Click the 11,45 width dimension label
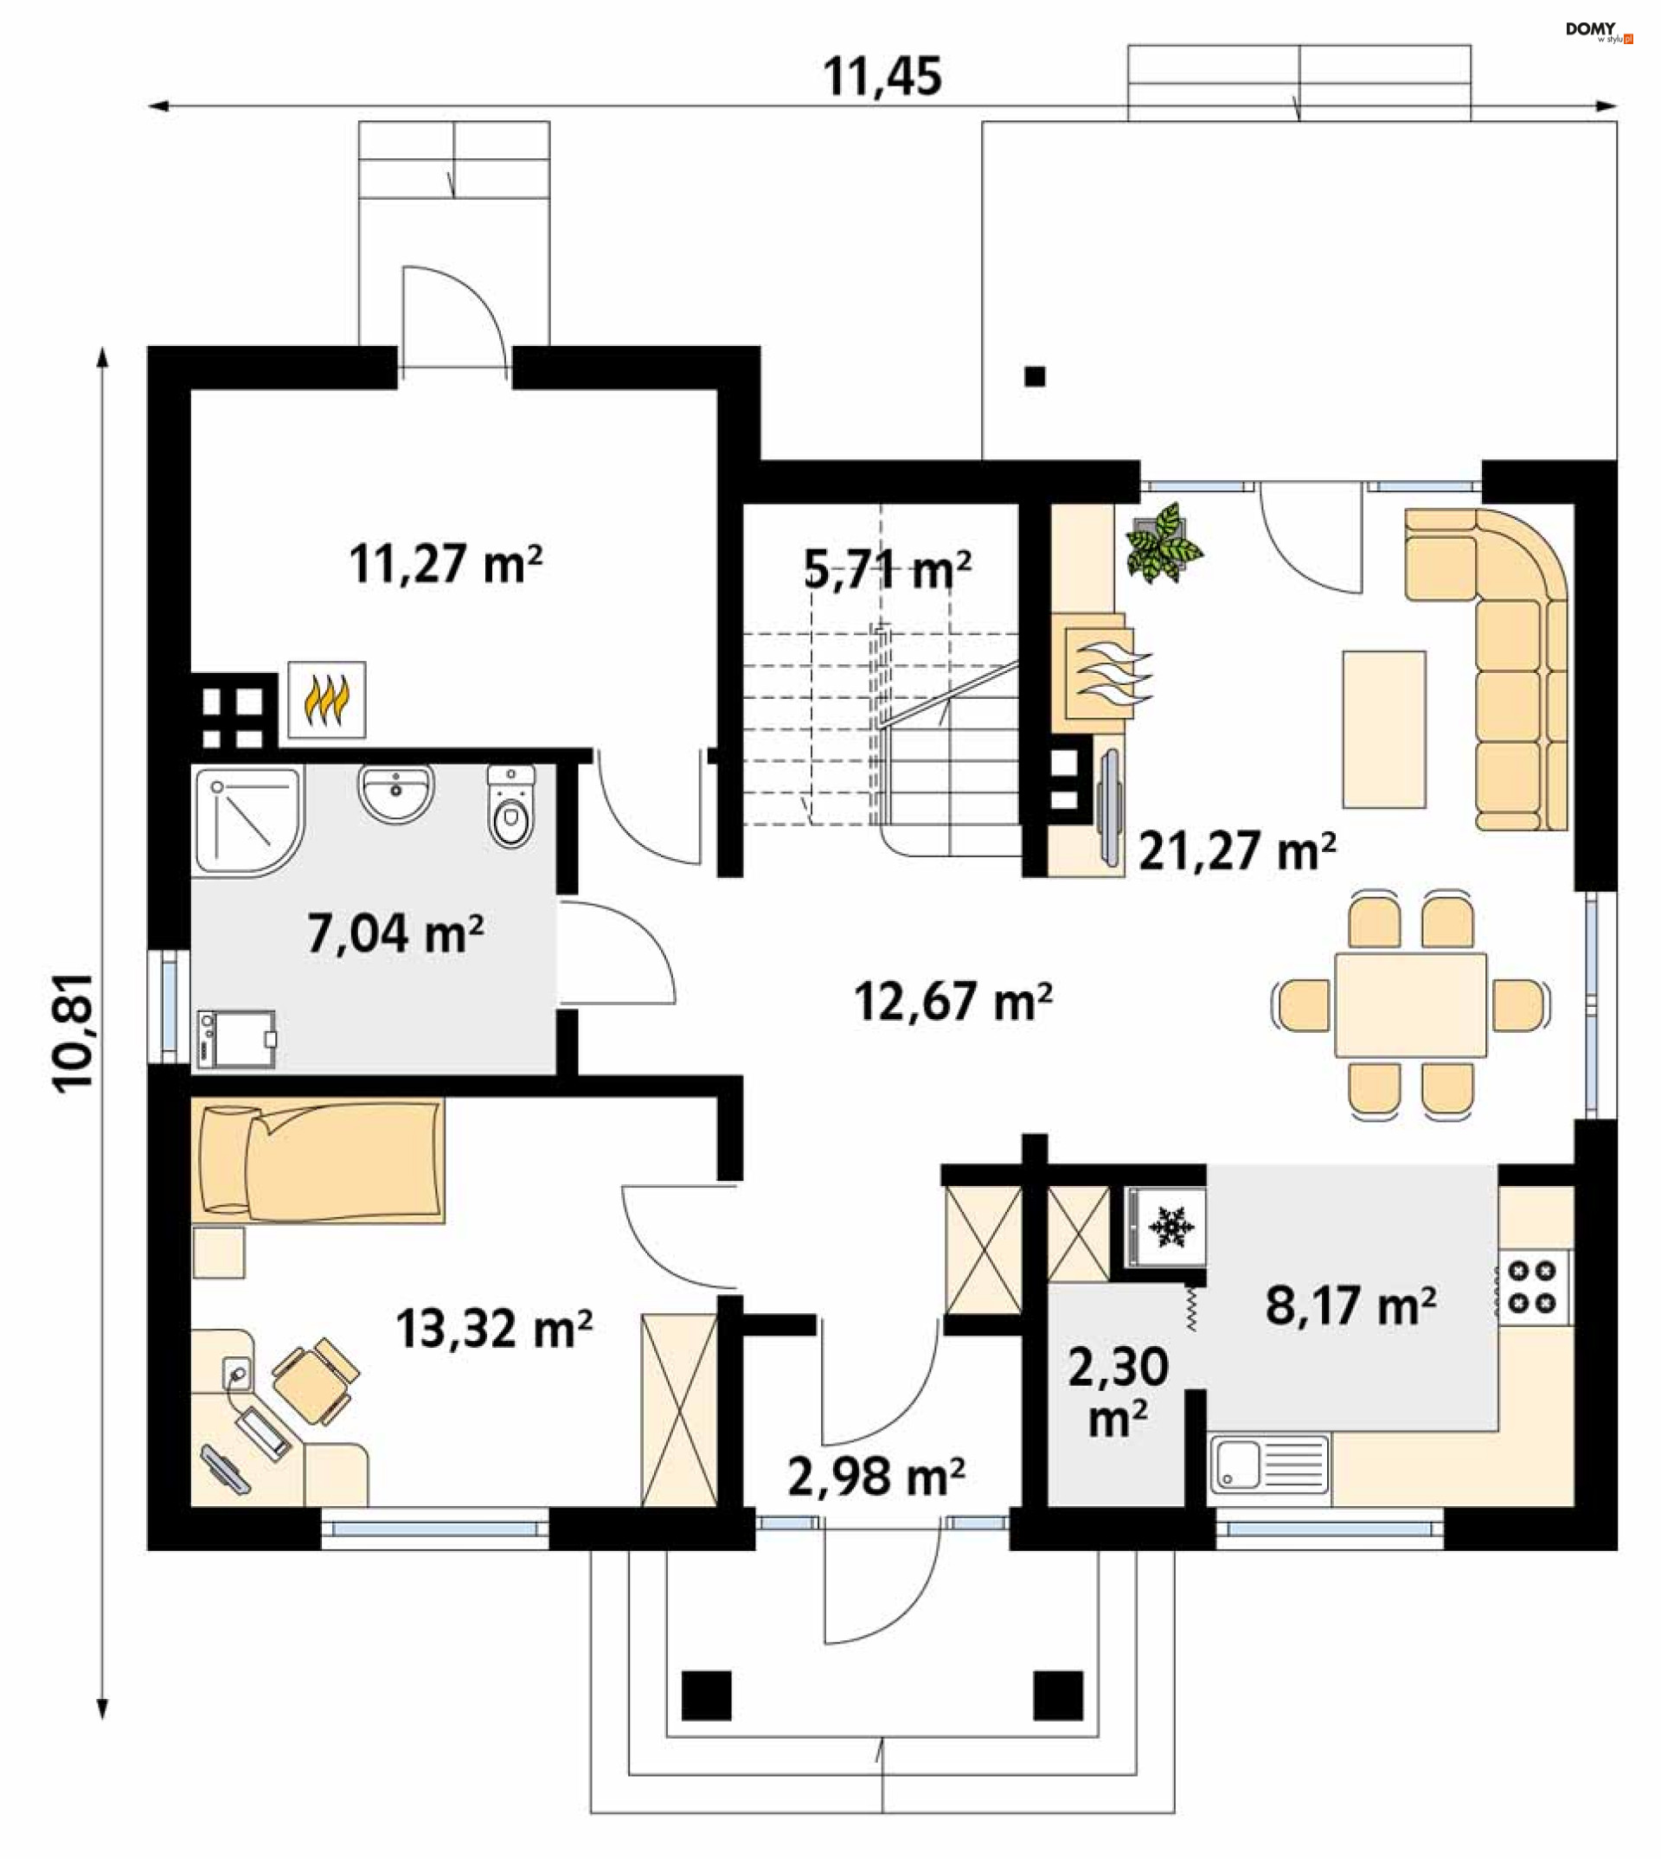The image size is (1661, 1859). tap(882, 77)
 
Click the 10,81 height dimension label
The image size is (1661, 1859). tap(73, 1033)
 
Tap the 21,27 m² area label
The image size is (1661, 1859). tap(1236, 850)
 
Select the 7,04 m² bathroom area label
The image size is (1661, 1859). tap(395, 933)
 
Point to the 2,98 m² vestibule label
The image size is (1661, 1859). tap(876, 1476)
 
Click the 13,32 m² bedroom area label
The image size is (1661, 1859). tap(494, 1328)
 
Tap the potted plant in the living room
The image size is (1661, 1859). tap(1164, 544)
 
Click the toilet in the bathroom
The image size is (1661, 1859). tap(511, 807)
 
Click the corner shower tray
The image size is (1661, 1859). tap(247, 821)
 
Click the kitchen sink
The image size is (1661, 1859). tap(1269, 1465)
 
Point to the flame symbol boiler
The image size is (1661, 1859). tap(327, 700)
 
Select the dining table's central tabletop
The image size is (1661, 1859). tap(1410, 1005)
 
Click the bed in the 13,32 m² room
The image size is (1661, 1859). tap(317, 1162)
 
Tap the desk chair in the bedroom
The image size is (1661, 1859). tap(316, 1382)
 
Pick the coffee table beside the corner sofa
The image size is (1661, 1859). tap(1383, 729)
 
